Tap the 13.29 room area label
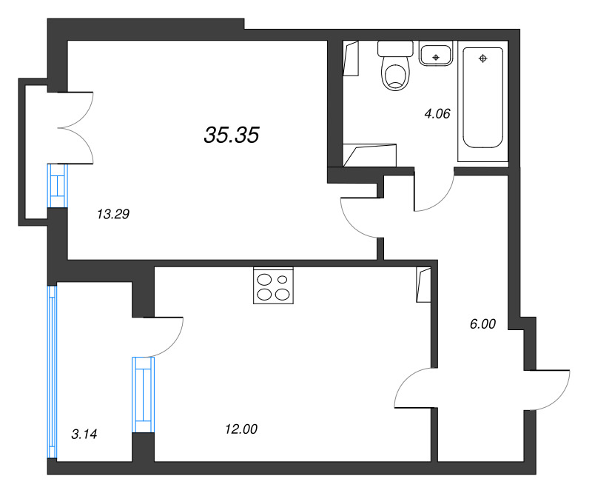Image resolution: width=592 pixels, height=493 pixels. (x=113, y=215)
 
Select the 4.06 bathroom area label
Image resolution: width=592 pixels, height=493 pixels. (x=437, y=113)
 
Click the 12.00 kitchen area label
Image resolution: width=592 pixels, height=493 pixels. (x=240, y=429)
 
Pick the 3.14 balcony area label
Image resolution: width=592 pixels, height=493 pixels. (x=84, y=434)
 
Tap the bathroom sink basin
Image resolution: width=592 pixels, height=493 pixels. (x=437, y=54)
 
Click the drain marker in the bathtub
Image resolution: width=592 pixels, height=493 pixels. (x=482, y=58)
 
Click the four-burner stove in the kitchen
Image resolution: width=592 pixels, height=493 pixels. (x=273, y=286)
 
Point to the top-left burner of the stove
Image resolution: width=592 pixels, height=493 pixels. (x=264, y=279)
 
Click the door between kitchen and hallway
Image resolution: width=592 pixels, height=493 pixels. (x=412, y=388)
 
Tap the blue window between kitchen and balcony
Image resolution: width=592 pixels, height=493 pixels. (x=143, y=394)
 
